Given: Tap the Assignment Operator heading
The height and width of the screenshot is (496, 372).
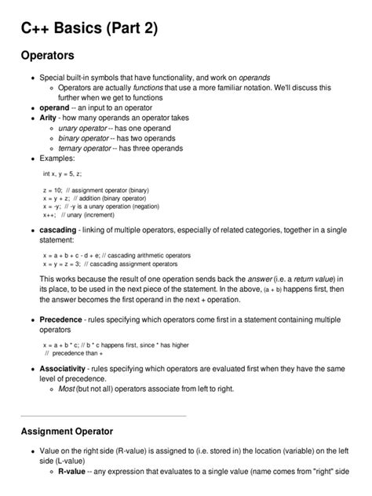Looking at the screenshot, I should click(x=67, y=431).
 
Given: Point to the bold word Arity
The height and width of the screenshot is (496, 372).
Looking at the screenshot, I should click(x=49, y=117).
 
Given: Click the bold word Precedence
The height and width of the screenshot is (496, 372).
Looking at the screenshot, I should click(x=62, y=320).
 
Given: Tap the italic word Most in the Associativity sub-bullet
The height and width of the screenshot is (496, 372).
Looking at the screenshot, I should click(x=67, y=388).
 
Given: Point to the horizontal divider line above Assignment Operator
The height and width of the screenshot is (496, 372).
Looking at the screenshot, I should click(x=103, y=415).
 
